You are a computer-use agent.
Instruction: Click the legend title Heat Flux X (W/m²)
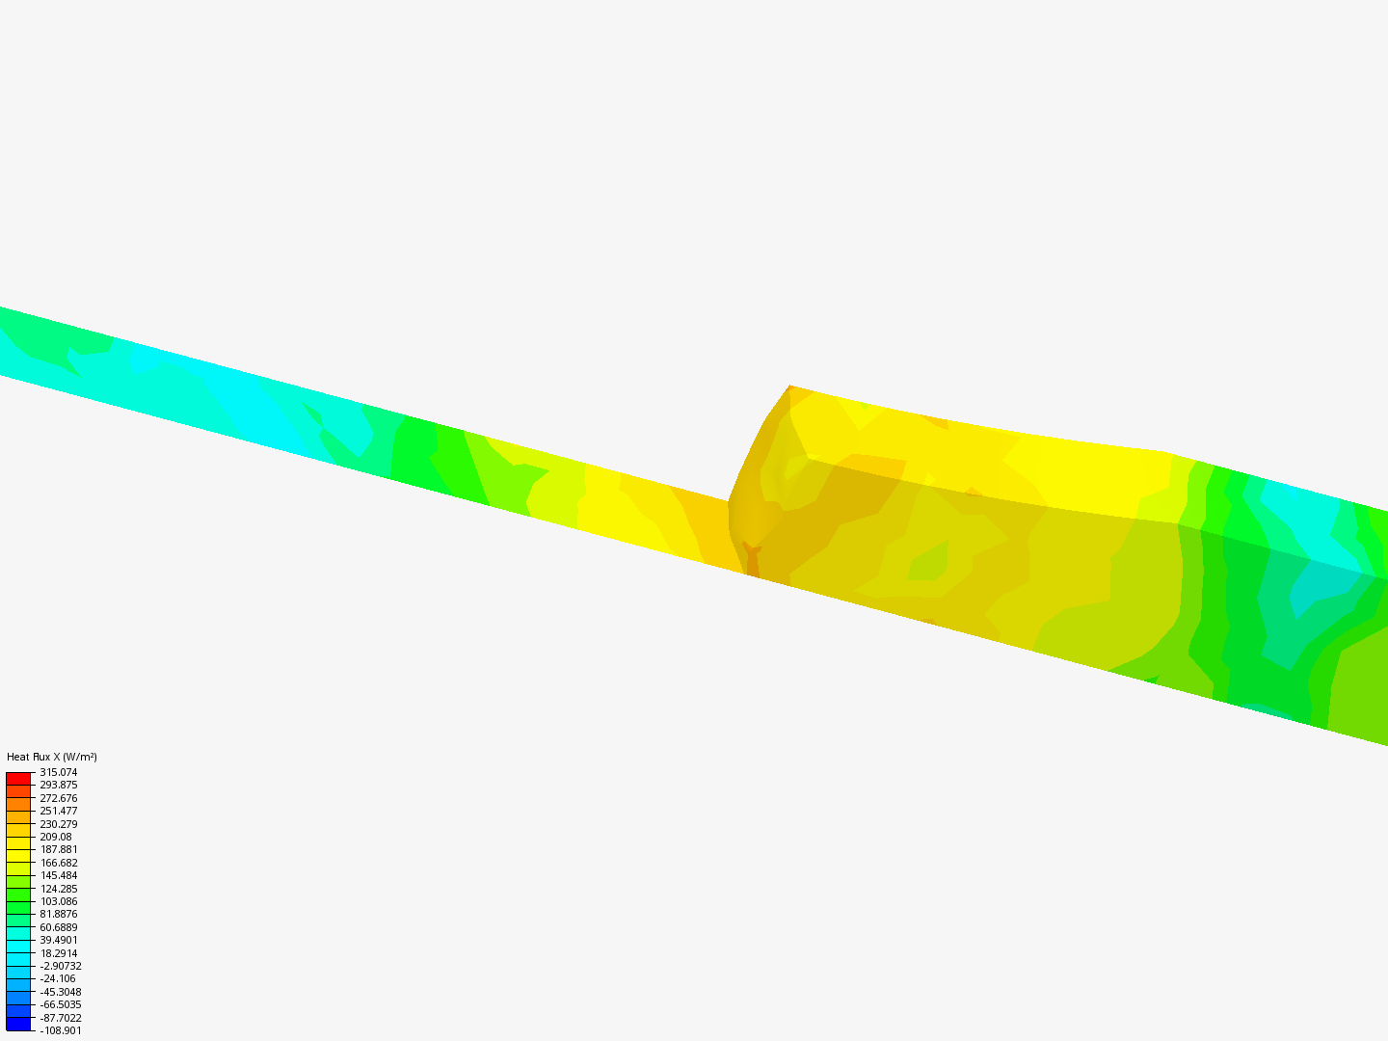[x=52, y=757]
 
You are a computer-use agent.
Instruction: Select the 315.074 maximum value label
[x=58, y=772]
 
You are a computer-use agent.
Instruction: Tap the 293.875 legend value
[x=58, y=785]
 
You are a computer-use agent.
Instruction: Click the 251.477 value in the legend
[x=58, y=811]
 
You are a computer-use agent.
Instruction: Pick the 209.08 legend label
[x=56, y=837]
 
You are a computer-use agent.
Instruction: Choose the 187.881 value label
[x=58, y=849]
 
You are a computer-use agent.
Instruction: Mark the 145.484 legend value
[x=58, y=875]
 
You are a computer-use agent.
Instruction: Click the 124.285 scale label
[x=58, y=889]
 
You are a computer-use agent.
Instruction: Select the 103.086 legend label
[x=58, y=901]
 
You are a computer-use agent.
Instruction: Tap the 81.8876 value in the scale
[x=58, y=914]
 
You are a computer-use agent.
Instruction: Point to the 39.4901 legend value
[x=58, y=940]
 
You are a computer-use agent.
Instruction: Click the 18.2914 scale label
[x=58, y=953]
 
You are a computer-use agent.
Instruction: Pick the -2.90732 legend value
[x=61, y=966]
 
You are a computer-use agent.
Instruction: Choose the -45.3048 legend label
[x=61, y=992]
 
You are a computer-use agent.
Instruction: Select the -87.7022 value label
[x=61, y=1018]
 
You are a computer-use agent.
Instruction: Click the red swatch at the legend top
[x=18, y=778]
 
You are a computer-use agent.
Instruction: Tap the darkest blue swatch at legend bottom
[x=18, y=1024]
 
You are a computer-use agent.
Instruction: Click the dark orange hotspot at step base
[x=752, y=560]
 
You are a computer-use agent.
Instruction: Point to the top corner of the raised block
[x=789, y=386]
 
